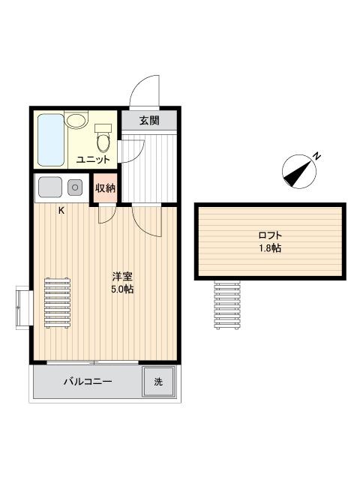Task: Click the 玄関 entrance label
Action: (149, 120)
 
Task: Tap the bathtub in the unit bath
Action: (51, 140)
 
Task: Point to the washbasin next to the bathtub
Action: (75, 120)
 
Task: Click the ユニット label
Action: (93, 159)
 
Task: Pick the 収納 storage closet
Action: (105, 188)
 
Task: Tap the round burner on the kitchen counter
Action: (75, 187)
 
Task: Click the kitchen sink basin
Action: (50, 187)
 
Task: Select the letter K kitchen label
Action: (61, 211)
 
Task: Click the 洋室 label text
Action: (122, 277)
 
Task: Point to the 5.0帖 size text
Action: (122, 289)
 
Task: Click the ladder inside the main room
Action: (57, 303)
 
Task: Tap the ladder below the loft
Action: (227, 305)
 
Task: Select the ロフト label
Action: (270, 235)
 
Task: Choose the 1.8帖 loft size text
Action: (270, 248)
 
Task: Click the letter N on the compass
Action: (317, 156)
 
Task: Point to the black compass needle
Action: (297, 174)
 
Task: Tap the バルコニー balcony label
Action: (88, 382)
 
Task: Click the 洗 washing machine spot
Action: (158, 382)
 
